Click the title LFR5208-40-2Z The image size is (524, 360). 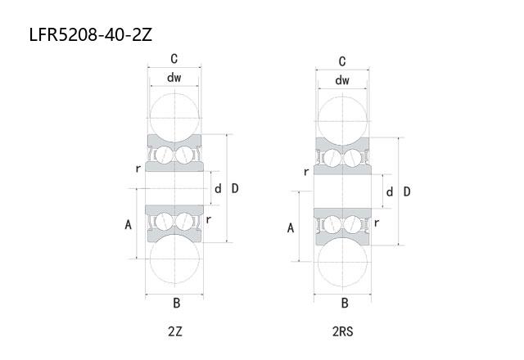pos(91,34)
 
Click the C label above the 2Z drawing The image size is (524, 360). pos(174,59)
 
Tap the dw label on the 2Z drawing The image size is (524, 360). pos(174,78)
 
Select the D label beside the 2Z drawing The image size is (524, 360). pos(235,189)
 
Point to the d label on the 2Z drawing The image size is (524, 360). pos(218,189)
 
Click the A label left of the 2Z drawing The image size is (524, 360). pos(128,225)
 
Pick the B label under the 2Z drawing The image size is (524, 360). pos(177,304)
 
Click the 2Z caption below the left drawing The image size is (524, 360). pos(175,331)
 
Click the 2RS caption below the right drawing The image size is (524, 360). pos(343,331)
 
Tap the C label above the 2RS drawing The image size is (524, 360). pos(342,61)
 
